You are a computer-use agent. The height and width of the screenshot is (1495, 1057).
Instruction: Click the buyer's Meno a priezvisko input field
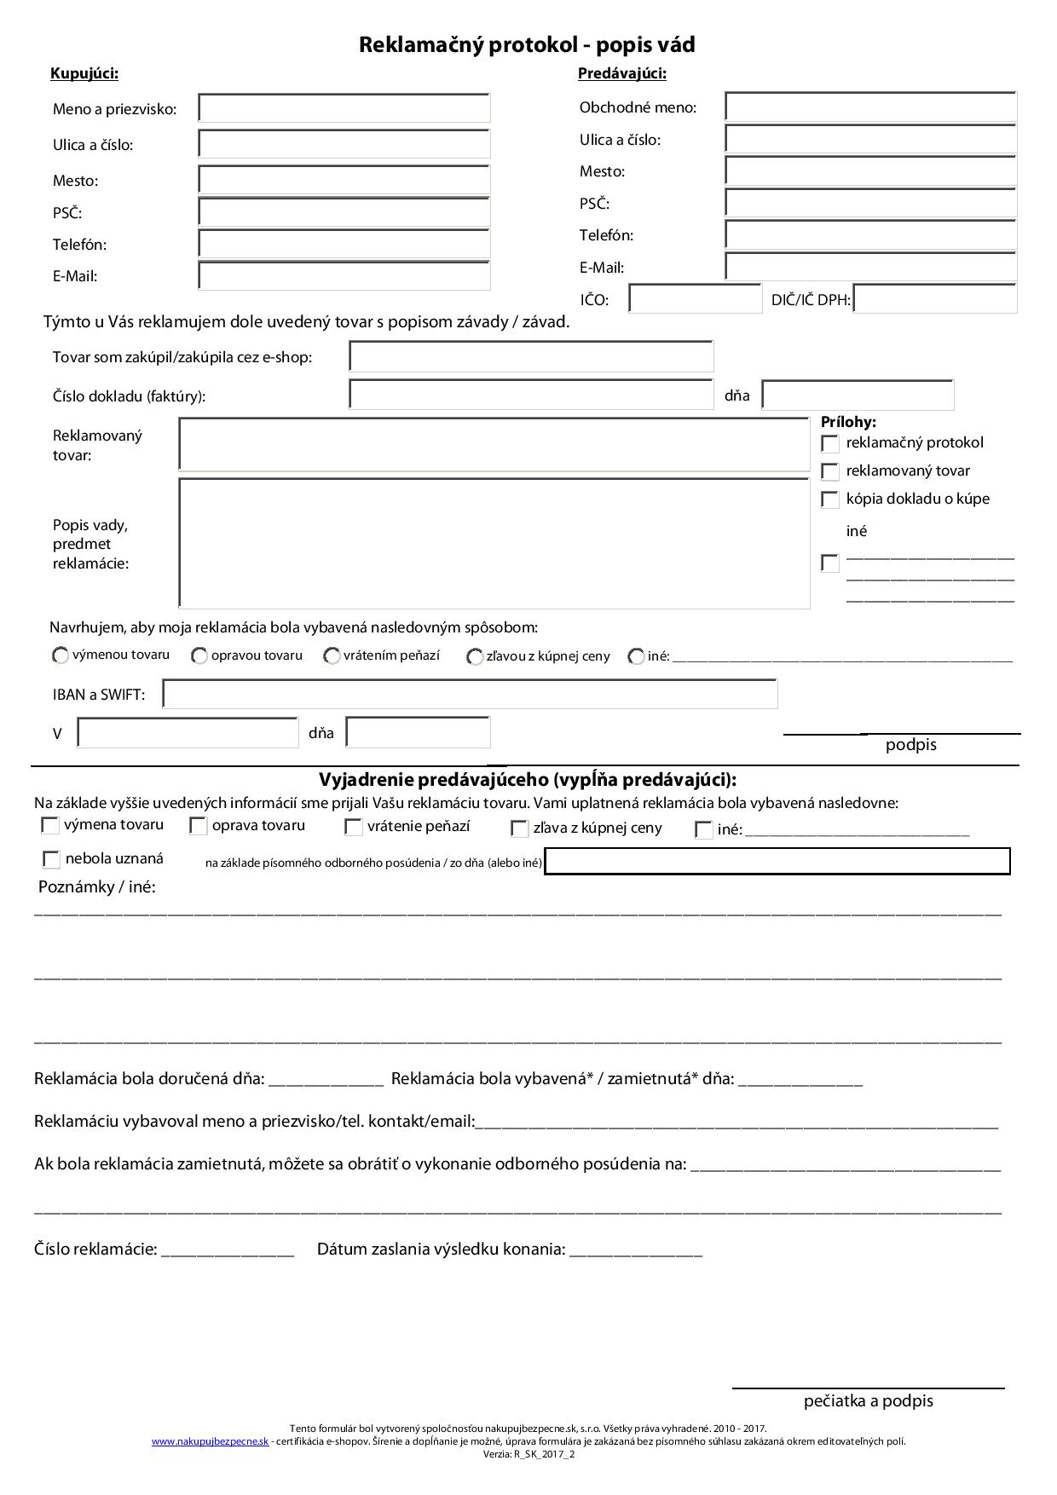344,108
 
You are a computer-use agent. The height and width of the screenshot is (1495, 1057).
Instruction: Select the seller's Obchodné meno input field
870,107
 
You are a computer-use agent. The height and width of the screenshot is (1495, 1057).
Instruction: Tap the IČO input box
695,299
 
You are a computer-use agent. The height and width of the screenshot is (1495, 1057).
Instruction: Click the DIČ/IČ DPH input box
934,299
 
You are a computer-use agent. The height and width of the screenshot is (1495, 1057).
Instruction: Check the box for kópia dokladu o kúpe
829,499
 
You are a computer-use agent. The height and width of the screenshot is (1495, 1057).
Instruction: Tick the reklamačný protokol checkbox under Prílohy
829,443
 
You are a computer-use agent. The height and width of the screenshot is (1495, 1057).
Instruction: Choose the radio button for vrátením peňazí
332,656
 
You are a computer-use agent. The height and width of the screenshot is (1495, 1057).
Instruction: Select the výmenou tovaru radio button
61,655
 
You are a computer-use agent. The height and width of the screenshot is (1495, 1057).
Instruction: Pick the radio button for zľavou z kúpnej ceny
475,657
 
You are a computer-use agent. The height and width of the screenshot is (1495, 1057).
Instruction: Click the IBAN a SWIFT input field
470,694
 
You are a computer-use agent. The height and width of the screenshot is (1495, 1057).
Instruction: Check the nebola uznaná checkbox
51,859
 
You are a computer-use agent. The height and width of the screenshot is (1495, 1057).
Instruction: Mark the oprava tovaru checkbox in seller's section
199,826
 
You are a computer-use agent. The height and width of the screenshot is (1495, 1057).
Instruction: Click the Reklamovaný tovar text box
494,444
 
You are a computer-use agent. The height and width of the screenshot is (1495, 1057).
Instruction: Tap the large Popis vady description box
494,543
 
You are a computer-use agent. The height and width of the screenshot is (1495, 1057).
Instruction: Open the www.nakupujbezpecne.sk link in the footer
210,1441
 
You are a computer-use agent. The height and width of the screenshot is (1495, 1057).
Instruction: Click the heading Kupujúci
84,73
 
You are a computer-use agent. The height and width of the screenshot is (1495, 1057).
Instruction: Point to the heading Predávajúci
622,73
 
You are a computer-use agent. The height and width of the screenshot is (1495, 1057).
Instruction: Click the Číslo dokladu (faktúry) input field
531,395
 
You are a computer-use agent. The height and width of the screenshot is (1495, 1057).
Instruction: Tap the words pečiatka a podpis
868,1400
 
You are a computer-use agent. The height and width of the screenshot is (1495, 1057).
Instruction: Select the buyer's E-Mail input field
344,276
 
